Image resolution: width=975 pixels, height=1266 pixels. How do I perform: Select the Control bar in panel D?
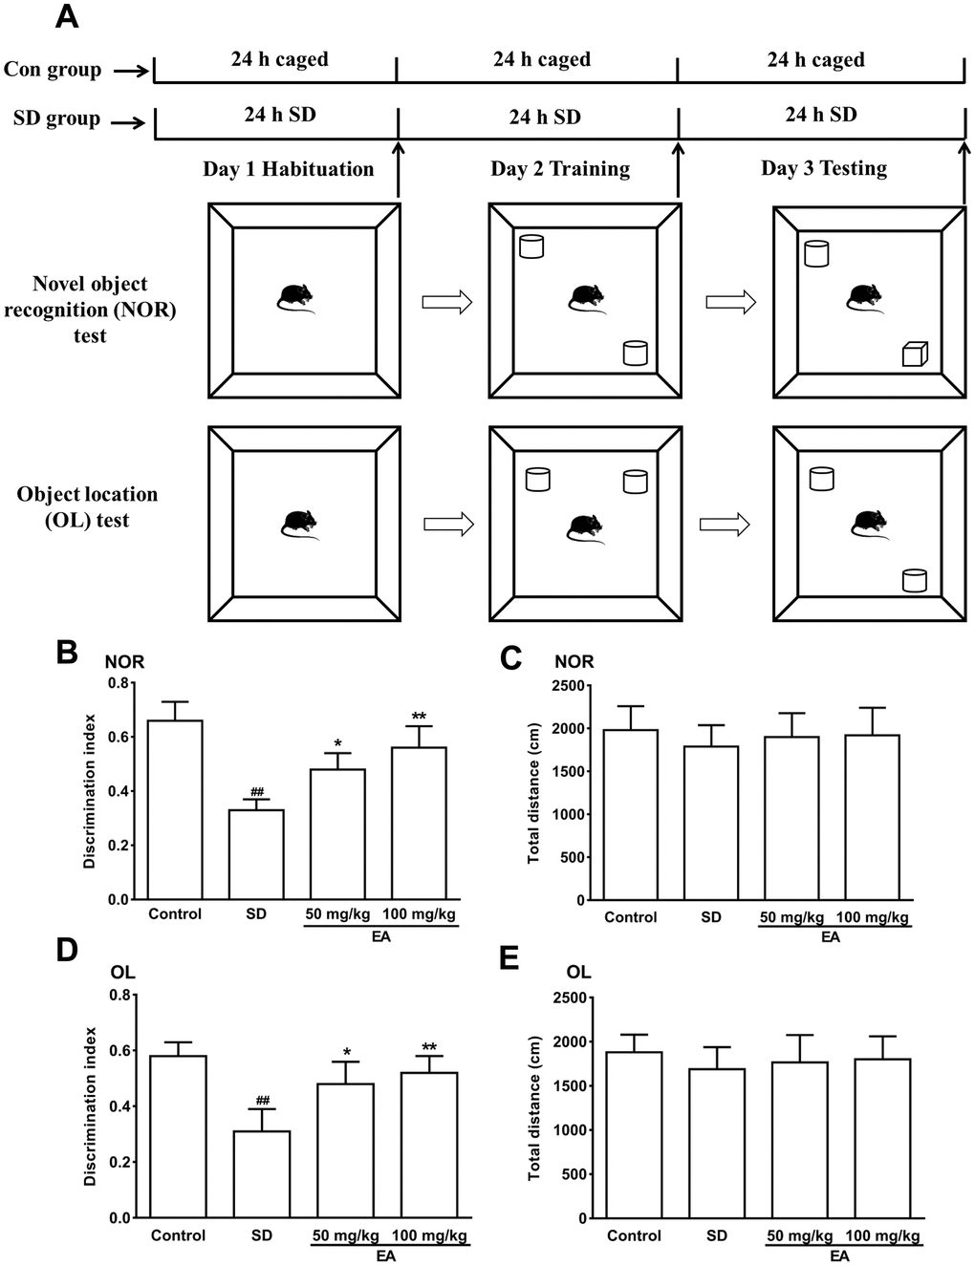[x=178, y=1136]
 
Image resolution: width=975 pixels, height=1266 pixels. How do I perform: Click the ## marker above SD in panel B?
[x=256, y=792]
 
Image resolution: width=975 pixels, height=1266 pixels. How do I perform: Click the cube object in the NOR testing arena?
[x=915, y=354]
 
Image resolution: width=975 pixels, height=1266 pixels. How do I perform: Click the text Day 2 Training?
[x=560, y=170]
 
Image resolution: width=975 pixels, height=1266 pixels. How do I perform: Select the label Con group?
[x=53, y=70]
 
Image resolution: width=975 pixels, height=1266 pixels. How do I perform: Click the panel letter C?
[x=510, y=658]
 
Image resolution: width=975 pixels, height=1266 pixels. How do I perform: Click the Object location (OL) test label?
[x=87, y=507]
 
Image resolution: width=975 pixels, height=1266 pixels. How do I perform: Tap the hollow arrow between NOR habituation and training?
[x=446, y=303]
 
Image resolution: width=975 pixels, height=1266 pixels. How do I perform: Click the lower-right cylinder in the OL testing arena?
[x=915, y=579]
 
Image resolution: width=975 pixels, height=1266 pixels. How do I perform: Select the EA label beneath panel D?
[x=385, y=1255]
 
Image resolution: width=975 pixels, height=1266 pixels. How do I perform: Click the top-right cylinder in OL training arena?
[x=635, y=481]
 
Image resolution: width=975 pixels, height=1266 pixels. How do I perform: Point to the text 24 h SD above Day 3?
[x=820, y=115]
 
